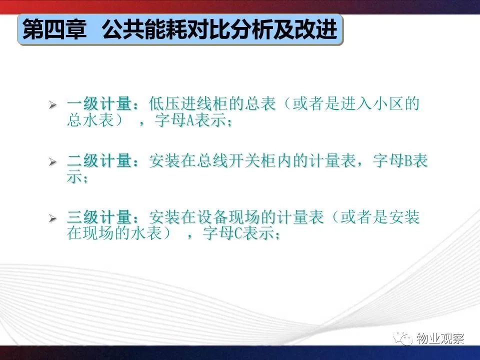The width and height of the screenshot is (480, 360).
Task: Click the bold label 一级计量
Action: (x=99, y=104)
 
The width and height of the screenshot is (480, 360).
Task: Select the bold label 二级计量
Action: (x=99, y=161)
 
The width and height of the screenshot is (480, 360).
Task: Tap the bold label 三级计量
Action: (x=99, y=217)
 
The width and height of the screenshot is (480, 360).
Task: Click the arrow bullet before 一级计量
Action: (x=52, y=105)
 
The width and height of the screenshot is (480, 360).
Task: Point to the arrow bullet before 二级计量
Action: (x=52, y=161)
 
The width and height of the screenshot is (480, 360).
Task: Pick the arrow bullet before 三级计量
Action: (x=52, y=218)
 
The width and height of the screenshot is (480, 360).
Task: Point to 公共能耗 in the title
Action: (x=145, y=29)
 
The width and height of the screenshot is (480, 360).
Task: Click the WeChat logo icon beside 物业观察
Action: (x=403, y=338)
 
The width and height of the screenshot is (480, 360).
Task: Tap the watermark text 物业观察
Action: (x=440, y=338)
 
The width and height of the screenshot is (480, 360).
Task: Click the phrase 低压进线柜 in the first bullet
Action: (x=189, y=104)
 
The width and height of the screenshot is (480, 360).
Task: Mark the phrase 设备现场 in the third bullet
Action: (x=229, y=217)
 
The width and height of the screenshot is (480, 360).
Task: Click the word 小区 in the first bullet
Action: (x=388, y=104)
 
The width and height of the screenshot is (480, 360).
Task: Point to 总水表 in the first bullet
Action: (x=90, y=120)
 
